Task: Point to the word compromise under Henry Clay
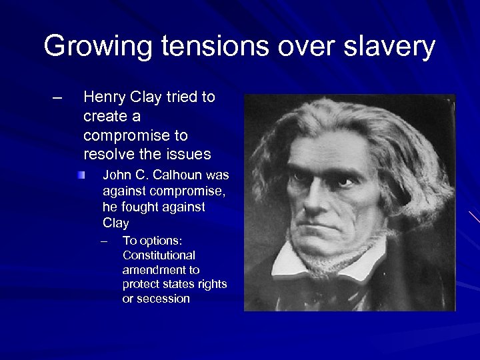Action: [x=135, y=135]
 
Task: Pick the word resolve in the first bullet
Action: [x=105, y=155]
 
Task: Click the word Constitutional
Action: [x=159, y=255]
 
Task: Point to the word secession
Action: [x=163, y=299]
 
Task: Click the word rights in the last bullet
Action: [x=212, y=285]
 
